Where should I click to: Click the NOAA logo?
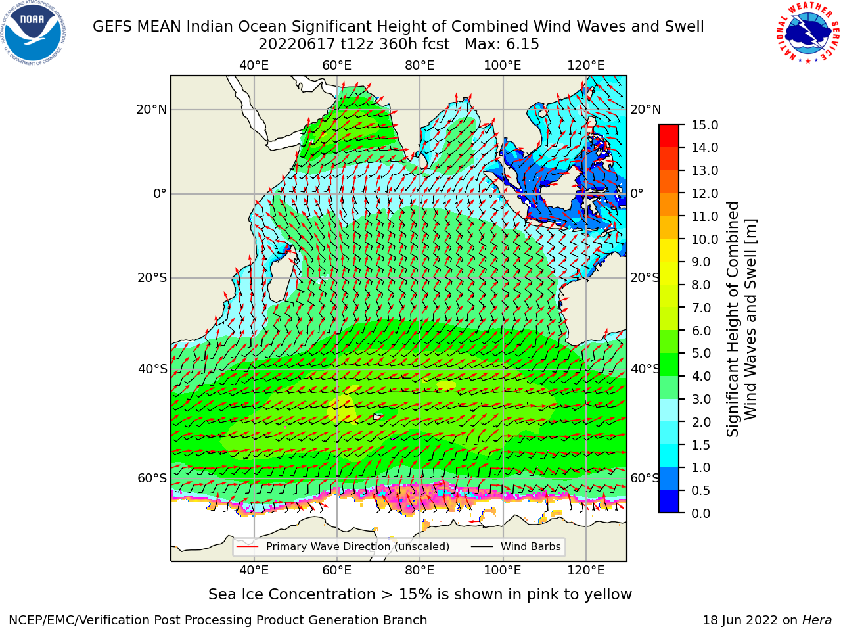(x=34, y=33)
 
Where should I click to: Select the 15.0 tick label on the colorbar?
(x=704, y=125)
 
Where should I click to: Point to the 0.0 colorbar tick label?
(x=701, y=513)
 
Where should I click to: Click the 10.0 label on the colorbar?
(x=704, y=239)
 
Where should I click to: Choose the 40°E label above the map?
(x=254, y=66)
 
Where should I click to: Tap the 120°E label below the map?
(x=586, y=570)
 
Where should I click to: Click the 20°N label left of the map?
(x=152, y=110)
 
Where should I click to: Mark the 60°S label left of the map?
(x=152, y=478)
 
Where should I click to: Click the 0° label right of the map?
(x=637, y=193)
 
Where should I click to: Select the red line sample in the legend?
(x=248, y=547)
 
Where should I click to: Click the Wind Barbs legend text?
(x=531, y=547)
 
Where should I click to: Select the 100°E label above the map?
(x=503, y=66)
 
